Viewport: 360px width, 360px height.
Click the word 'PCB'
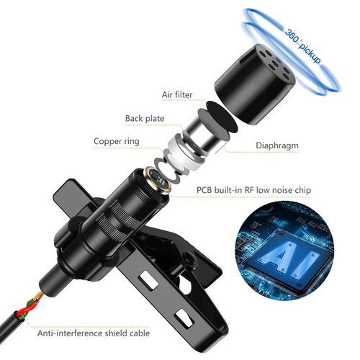(x=206, y=191)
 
